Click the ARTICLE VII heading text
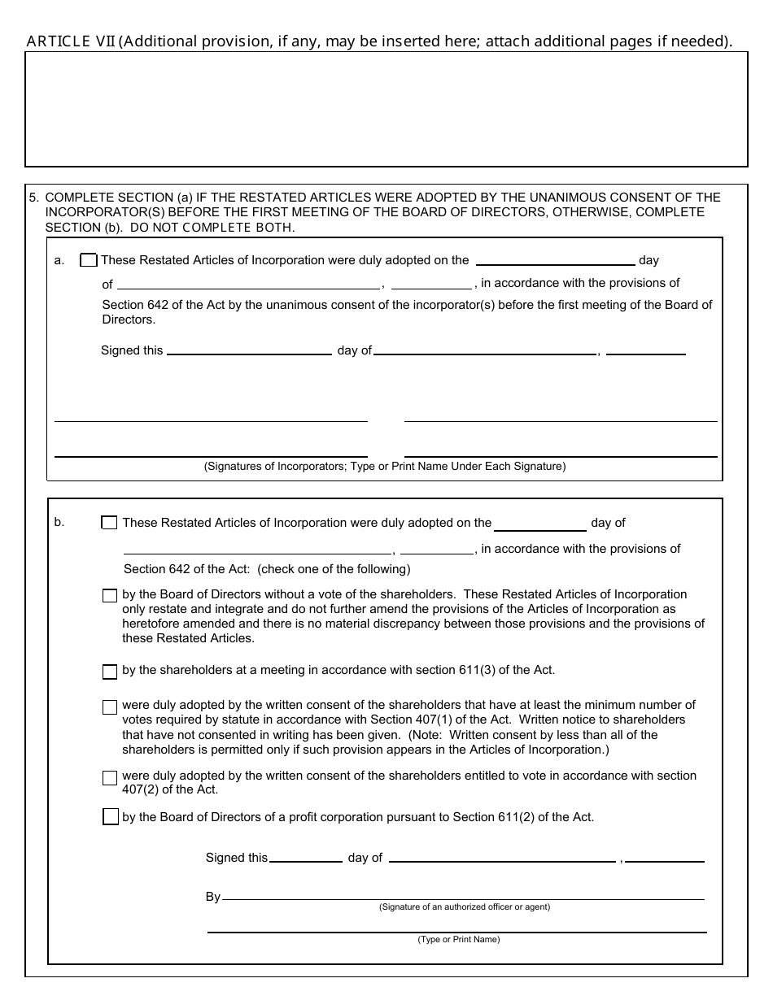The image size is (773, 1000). coord(71,41)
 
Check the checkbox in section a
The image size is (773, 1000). coord(89,261)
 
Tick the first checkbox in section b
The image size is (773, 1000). coord(109,523)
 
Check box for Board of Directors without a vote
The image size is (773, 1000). coord(110,596)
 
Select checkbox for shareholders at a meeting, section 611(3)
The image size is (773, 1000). coord(110,672)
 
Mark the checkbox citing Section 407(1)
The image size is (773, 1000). coord(110,707)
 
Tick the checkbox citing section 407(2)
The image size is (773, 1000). coord(110,778)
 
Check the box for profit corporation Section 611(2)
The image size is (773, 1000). coord(111,817)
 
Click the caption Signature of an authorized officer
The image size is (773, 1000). coord(464,907)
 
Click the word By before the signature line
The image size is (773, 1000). coord(213,897)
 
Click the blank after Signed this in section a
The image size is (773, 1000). coord(248,350)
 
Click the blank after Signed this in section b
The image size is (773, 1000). coord(305,857)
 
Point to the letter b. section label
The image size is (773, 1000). coord(59,523)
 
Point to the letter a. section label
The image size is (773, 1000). coord(59,261)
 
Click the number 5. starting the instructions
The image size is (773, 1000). coord(34,198)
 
